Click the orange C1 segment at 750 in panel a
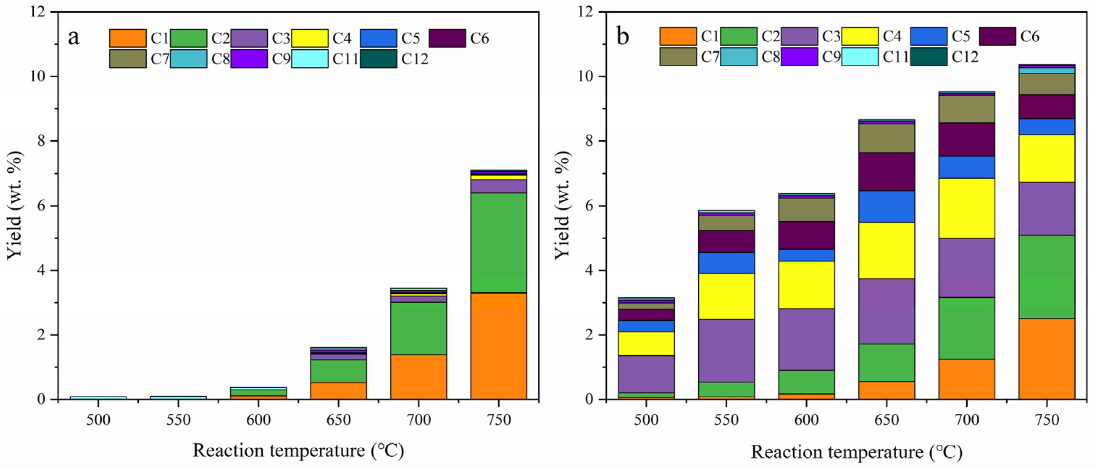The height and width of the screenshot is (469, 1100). click(x=499, y=346)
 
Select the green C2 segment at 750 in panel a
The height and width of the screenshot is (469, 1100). click(x=499, y=242)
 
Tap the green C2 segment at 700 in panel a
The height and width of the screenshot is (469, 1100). click(x=418, y=328)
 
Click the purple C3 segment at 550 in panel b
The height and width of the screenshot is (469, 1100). click(x=726, y=350)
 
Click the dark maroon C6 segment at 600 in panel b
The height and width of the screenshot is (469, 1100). click(x=807, y=235)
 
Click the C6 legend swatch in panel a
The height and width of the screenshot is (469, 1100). click(x=447, y=38)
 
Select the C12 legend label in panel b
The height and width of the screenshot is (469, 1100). click(x=965, y=57)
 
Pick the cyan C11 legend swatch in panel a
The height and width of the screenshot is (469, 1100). click(x=310, y=58)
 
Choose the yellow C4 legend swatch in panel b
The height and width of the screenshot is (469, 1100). click(x=860, y=36)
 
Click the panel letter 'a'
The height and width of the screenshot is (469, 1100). click(x=74, y=37)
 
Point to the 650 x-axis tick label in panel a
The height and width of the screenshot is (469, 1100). click(x=339, y=420)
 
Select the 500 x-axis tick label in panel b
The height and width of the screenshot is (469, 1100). click(x=646, y=420)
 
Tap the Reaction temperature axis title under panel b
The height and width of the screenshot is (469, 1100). click(x=857, y=452)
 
